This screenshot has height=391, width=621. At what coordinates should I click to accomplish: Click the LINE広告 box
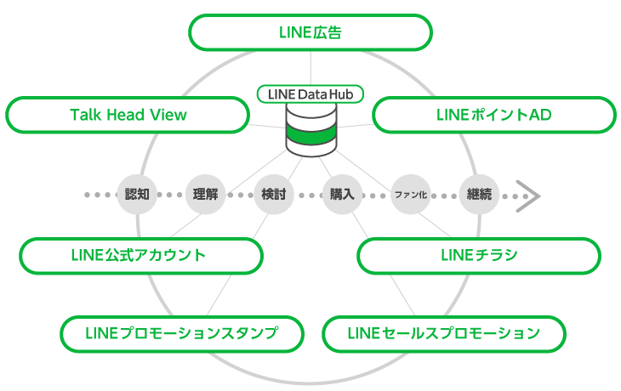(310, 33)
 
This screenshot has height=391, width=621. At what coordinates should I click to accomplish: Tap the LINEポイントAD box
(493, 115)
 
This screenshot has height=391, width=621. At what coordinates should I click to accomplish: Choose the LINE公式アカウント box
(140, 255)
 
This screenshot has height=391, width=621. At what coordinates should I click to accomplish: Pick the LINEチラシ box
(479, 255)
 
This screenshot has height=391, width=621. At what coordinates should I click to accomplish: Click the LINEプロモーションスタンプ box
(182, 332)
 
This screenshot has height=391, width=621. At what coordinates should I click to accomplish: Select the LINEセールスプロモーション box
(443, 332)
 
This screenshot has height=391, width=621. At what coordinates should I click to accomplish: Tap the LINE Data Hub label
(310, 93)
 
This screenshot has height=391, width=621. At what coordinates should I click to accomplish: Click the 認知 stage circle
(137, 194)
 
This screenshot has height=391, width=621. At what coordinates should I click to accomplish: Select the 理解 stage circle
(206, 194)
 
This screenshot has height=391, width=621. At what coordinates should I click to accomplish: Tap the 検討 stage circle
(274, 194)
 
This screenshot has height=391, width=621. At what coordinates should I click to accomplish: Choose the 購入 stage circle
(342, 194)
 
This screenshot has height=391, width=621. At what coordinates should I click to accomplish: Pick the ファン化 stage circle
(411, 194)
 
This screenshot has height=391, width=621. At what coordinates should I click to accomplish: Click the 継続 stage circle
(479, 194)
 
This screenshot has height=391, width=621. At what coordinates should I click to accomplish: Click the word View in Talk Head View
(168, 115)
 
